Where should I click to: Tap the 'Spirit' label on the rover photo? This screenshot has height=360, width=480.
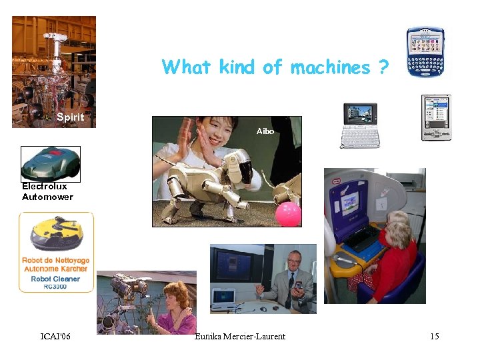coord(70,117)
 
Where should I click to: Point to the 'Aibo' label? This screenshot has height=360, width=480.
coord(265,131)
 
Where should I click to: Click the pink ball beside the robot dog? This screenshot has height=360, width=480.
coord(289,213)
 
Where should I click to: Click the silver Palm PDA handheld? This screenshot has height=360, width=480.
coord(436,117)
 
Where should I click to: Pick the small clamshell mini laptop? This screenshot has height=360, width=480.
coord(360,125)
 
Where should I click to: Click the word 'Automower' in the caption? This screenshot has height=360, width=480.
coord(47,197)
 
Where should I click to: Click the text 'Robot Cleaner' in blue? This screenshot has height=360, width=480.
coord(56,279)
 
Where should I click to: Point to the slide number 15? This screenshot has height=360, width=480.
coord(434,336)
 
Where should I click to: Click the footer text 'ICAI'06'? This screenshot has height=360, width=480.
coord(55,336)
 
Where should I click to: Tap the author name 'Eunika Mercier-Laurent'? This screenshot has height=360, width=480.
coord(240,336)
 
